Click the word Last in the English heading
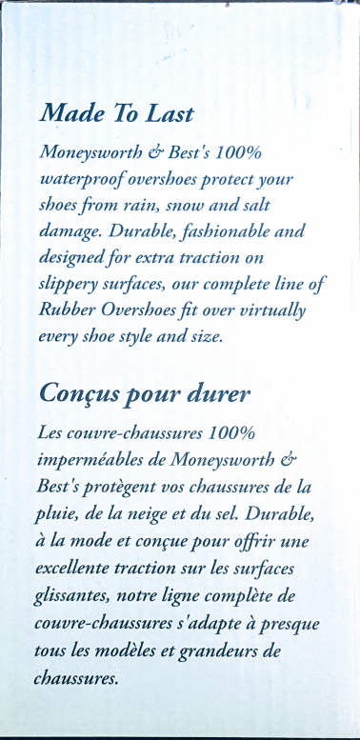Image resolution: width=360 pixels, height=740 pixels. point(169,114)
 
